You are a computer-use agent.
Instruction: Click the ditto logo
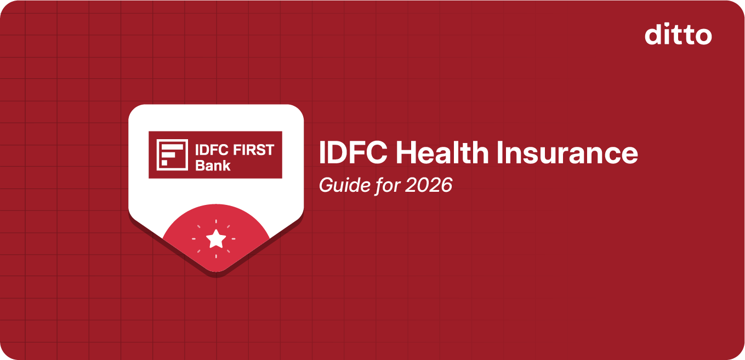point(678,35)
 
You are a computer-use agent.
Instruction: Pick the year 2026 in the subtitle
point(429,185)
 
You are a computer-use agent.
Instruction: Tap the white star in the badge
point(216,239)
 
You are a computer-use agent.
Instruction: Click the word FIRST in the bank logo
point(254,150)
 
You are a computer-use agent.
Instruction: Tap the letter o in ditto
point(703,36)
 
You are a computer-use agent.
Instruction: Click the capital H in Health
point(405,153)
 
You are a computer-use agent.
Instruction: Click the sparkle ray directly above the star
point(216,222)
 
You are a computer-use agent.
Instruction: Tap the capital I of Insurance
point(499,153)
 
